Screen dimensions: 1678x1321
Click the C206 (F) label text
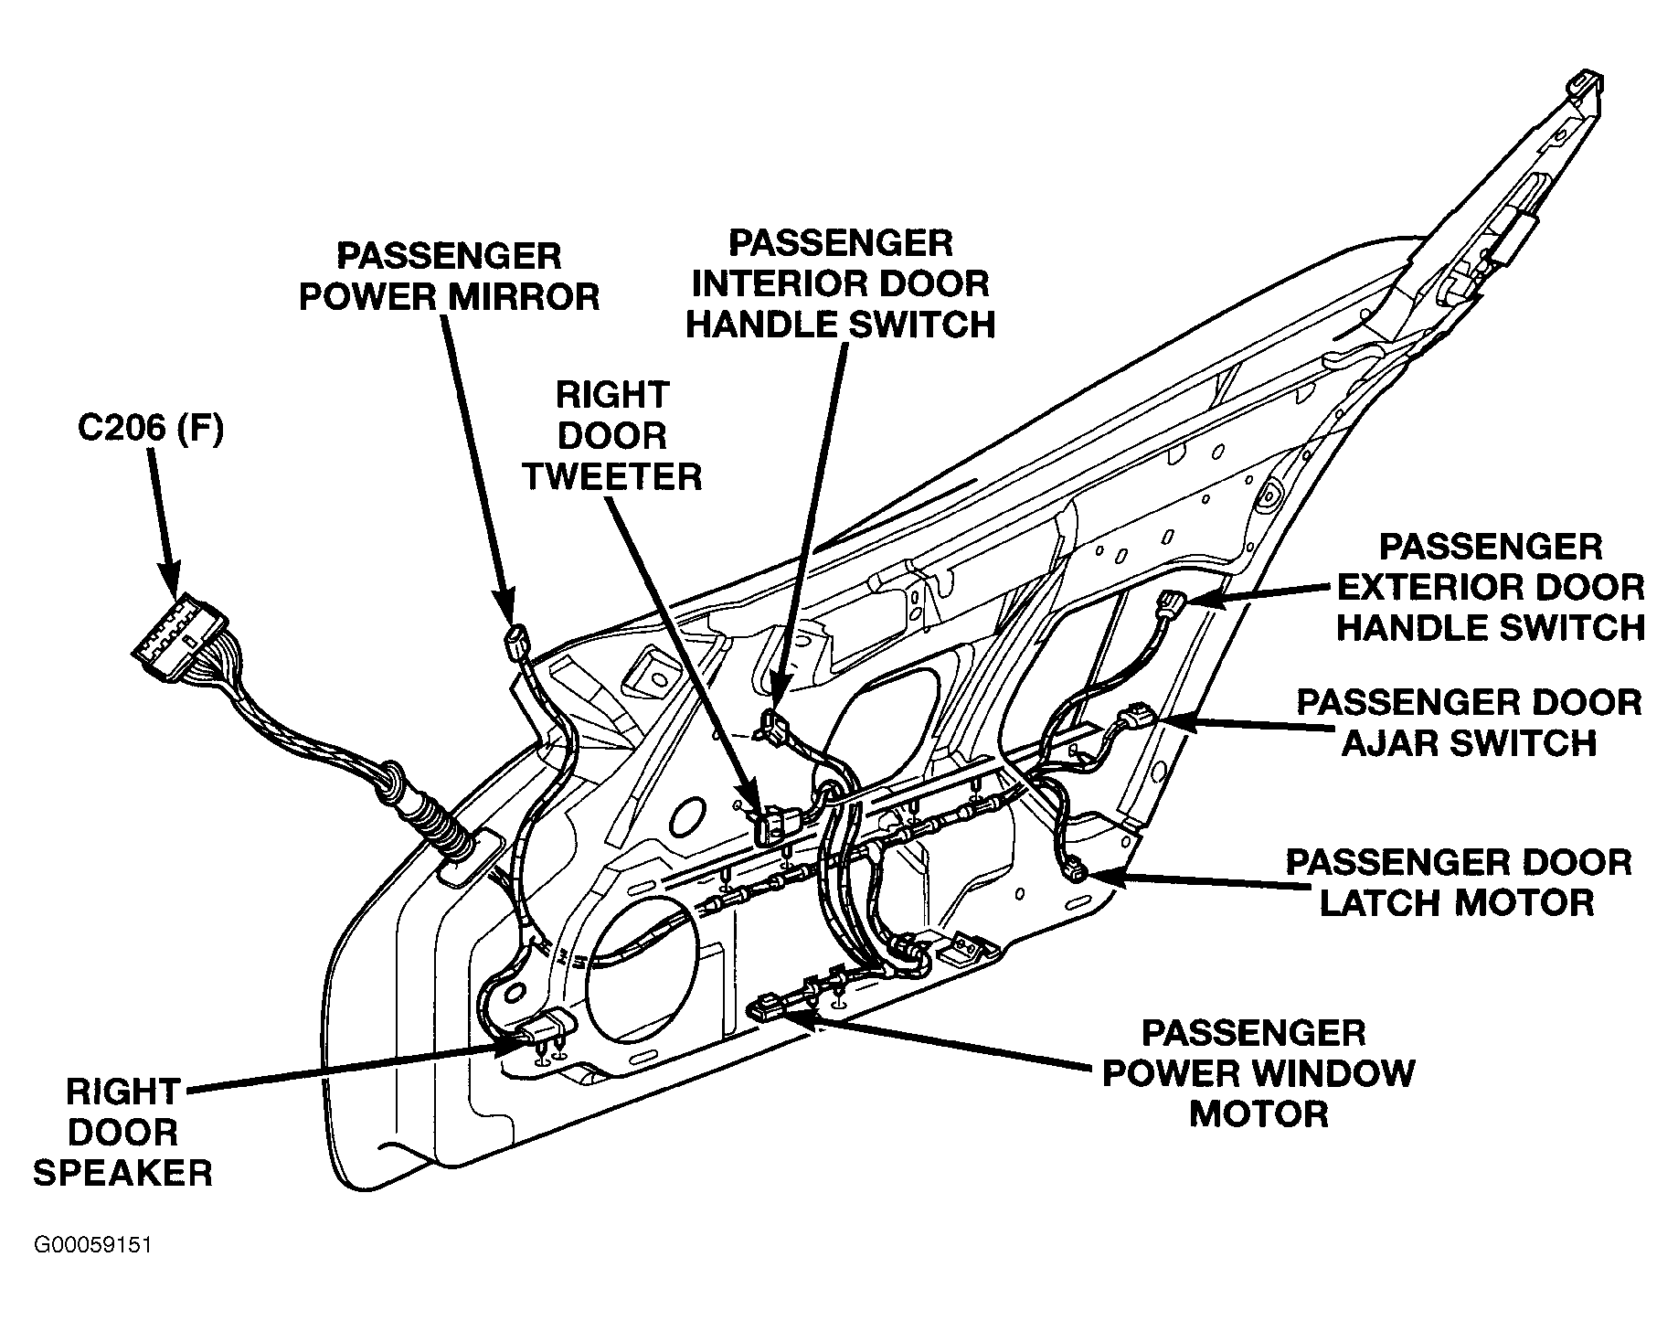150,430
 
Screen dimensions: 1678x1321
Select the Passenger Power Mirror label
450,276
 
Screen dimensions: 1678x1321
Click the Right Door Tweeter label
613,436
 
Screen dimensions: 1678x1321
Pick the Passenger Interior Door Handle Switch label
840,283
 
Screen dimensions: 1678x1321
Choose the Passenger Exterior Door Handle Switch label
1491,587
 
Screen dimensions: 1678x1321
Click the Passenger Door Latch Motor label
1459,882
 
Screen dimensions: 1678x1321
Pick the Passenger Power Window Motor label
1258,1073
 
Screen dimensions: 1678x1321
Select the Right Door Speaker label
123,1132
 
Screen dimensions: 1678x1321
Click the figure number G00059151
92,1246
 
